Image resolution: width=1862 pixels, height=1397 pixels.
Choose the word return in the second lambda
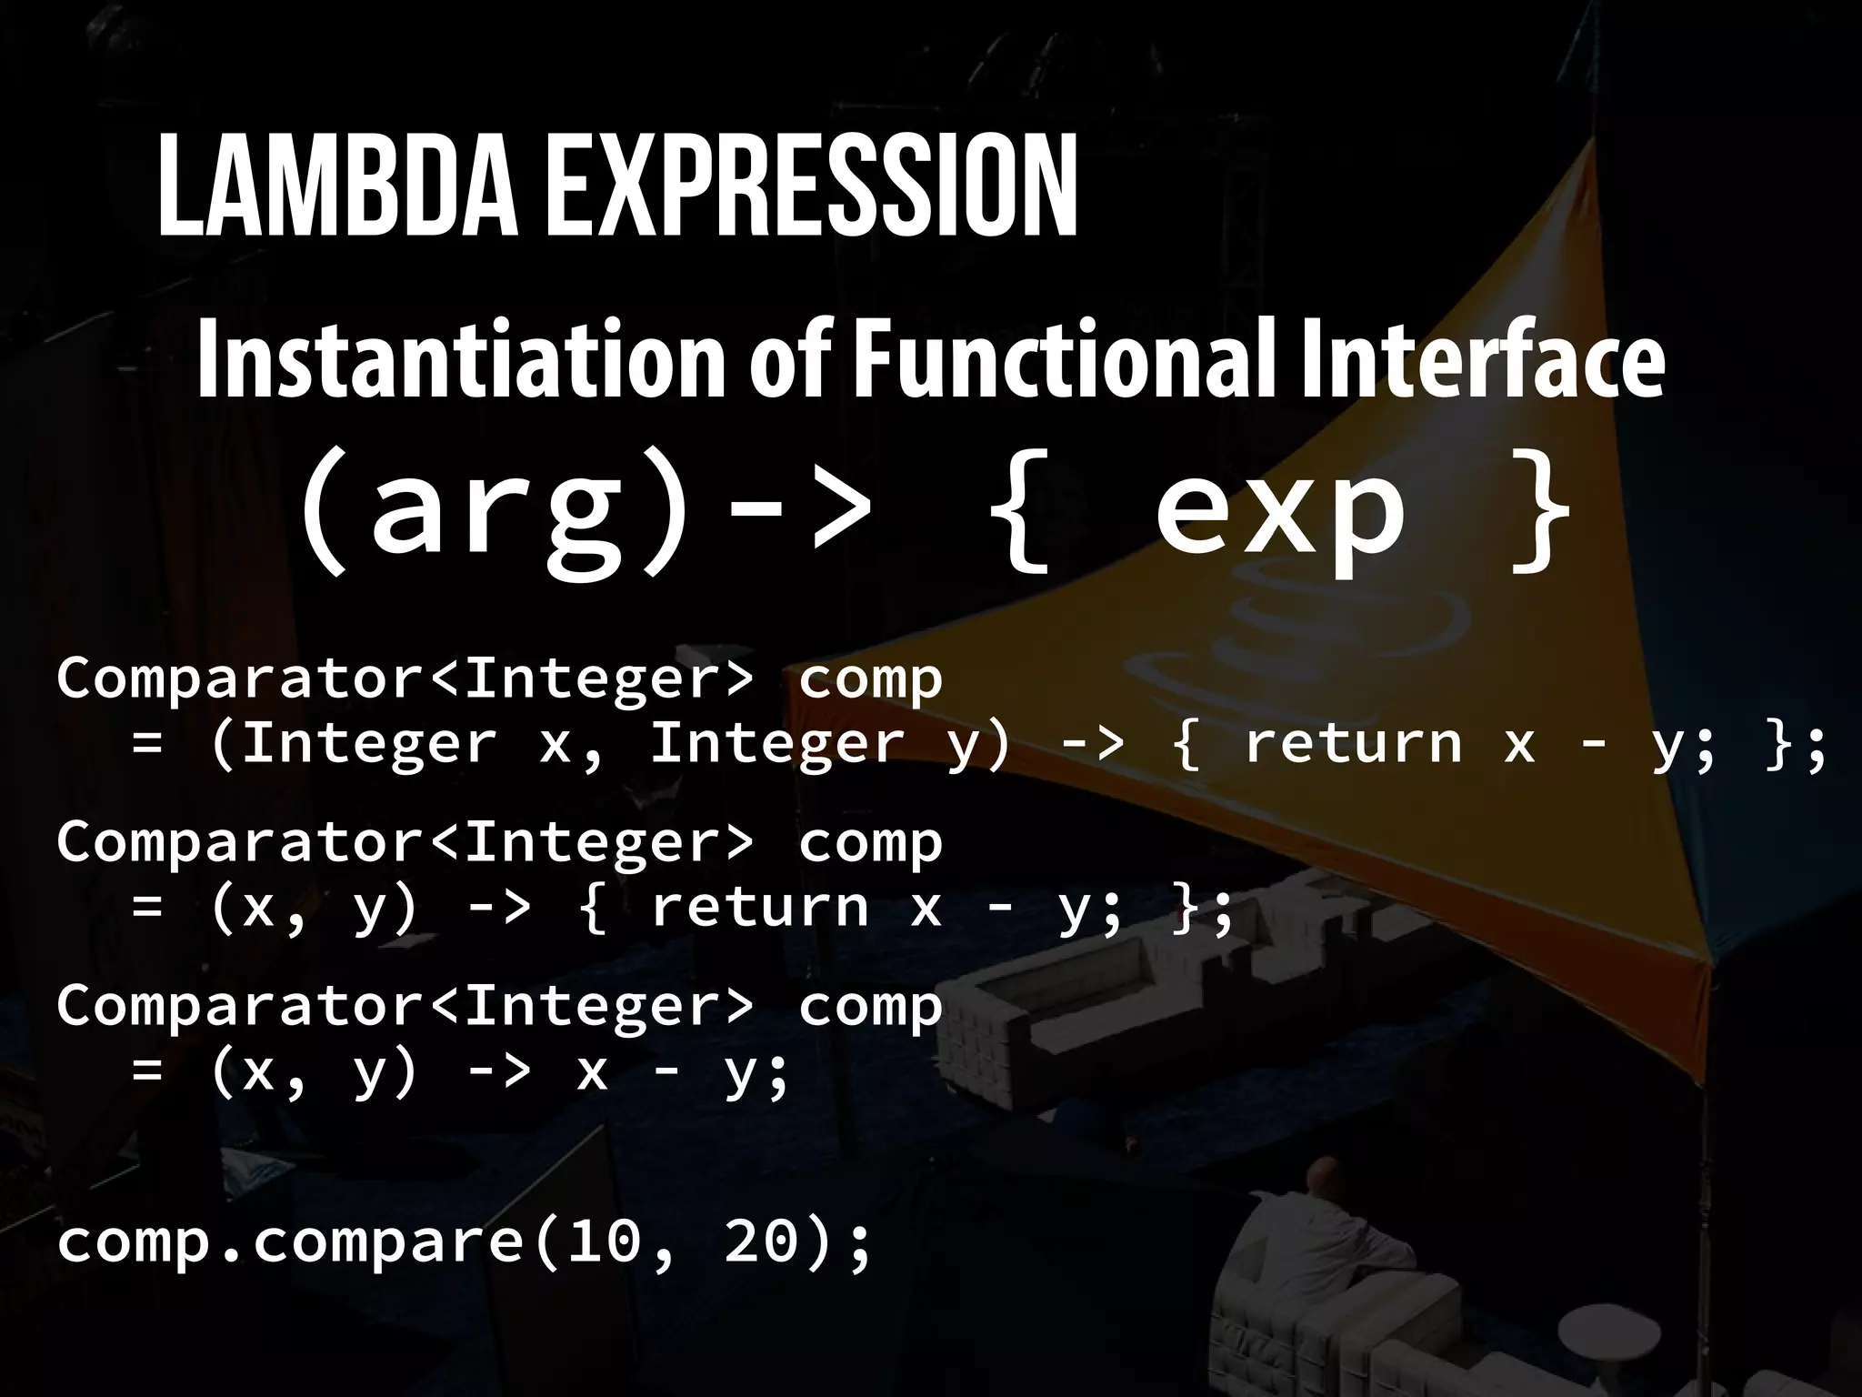[x=759, y=908]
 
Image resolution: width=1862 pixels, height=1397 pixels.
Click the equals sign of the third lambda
[x=147, y=1071]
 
